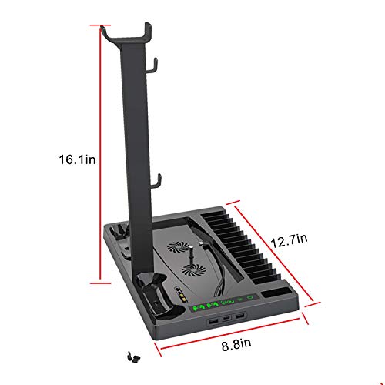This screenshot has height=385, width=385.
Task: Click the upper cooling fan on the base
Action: click(x=175, y=251)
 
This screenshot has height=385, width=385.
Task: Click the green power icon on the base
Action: click(x=250, y=297)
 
